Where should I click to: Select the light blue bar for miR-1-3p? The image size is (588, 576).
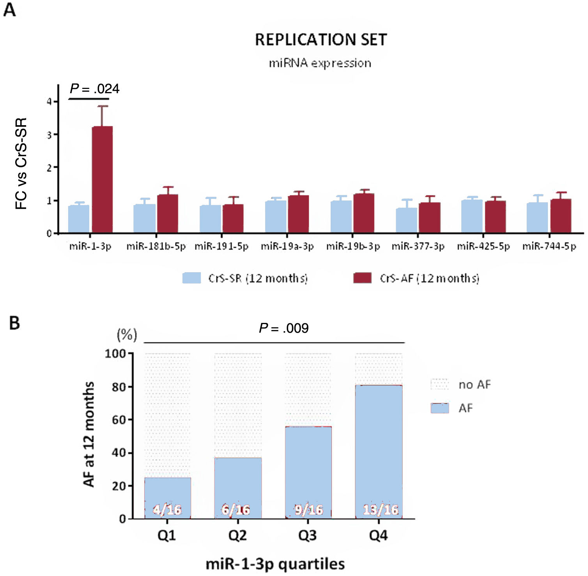[x=78, y=219]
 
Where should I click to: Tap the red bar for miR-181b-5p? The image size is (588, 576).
[x=168, y=213]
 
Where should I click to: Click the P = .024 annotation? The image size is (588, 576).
[x=94, y=89]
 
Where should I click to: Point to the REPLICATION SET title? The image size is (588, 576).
[x=321, y=40]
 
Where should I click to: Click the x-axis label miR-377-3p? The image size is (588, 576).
[x=418, y=246]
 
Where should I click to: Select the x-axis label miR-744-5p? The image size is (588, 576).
[x=549, y=246]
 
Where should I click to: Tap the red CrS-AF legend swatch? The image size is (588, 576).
[x=362, y=278]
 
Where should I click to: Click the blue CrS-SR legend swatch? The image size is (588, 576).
[x=191, y=278]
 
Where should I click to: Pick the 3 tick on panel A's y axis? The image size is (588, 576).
[x=49, y=135]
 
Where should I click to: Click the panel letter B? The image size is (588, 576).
[x=14, y=323]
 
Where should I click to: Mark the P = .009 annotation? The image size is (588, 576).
[x=284, y=328]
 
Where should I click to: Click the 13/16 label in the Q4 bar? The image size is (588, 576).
[x=381, y=510]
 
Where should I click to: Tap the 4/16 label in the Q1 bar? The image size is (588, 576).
[x=167, y=510]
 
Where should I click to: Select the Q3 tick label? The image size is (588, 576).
[x=308, y=535]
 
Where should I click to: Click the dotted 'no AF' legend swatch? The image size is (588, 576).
[x=439, y=385]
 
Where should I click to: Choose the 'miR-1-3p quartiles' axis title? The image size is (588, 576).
[x=275, y=564]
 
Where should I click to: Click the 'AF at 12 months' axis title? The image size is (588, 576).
[x=89, y=434]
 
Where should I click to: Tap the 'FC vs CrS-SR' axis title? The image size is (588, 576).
[x=21, y=163]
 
